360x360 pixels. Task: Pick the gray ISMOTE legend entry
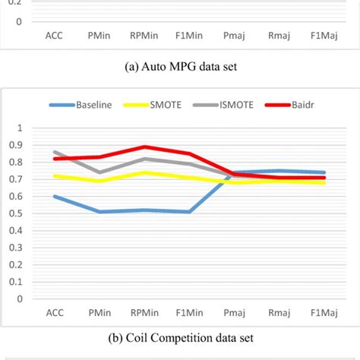237,105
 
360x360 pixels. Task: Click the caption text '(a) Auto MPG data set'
180,66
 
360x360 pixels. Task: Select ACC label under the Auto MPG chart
54,34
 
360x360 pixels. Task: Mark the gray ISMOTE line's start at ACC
54,152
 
